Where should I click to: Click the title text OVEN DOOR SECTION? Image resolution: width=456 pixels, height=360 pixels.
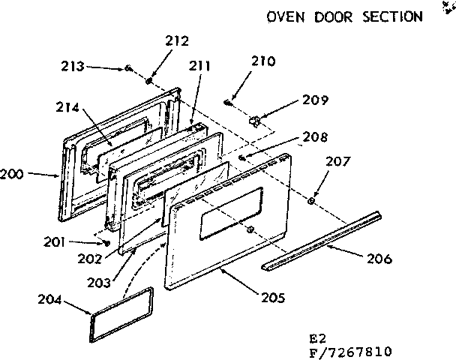click(344, 16)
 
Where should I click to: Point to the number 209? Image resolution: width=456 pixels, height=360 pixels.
click(315, 100)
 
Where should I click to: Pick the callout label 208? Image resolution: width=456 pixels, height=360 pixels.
click(316, 138)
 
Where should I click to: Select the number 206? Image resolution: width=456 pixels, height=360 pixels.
click(379, 259)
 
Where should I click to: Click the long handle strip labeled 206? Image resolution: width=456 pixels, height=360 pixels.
click(322, 241)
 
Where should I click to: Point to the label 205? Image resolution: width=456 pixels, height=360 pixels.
click(271, 298)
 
